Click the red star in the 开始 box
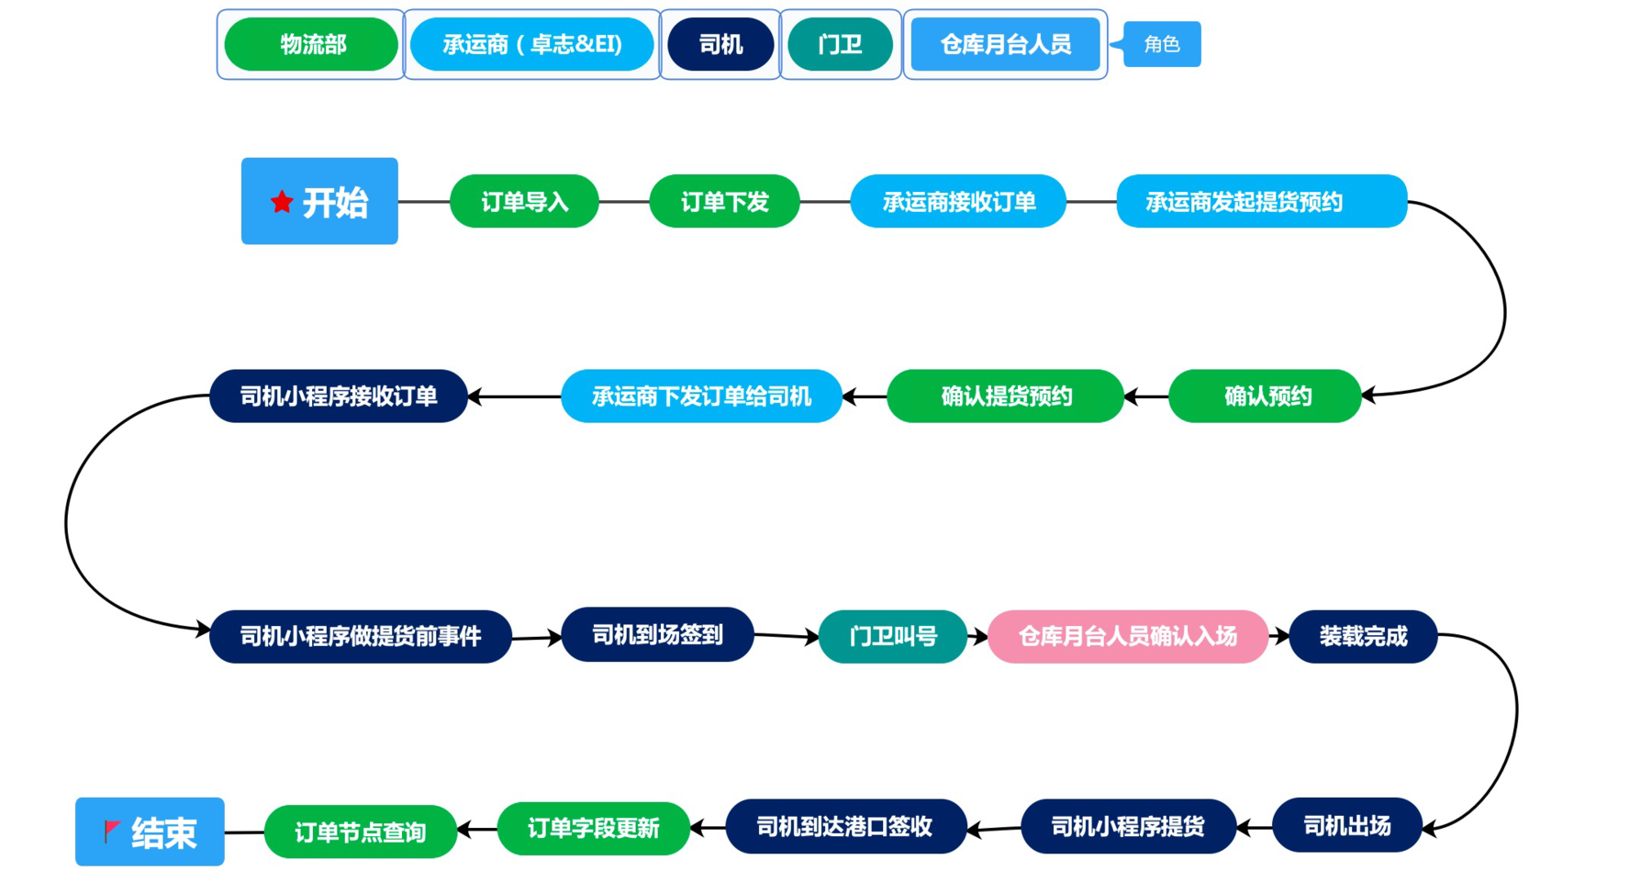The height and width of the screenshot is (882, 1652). point(282,201)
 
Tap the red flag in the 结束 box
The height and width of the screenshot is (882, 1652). point(112,831)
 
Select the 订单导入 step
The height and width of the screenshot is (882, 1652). point(524,201)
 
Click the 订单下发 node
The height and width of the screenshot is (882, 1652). point(724,201)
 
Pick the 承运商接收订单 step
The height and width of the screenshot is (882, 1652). point(958,201)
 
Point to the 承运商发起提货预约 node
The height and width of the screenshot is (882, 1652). point(1261,201)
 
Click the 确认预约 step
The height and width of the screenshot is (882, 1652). point(1266,396)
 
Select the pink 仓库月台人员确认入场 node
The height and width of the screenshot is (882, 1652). point(1127,636)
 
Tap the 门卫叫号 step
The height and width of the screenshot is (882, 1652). point(892,636)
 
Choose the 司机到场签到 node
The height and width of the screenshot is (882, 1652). point(657,634)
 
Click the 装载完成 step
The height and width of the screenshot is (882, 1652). point(1363,636)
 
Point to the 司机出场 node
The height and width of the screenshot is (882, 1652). point(1346,826)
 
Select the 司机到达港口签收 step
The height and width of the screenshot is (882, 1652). point(845,826)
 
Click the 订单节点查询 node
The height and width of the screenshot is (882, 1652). point(360,832)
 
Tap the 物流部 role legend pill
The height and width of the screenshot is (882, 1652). point(312,44)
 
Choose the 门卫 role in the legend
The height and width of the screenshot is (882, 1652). point(840,44)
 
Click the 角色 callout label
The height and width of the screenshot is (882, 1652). point(1161,44)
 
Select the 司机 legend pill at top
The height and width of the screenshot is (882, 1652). point(720,44)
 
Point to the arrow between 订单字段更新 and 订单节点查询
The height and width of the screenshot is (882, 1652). point(477,830)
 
